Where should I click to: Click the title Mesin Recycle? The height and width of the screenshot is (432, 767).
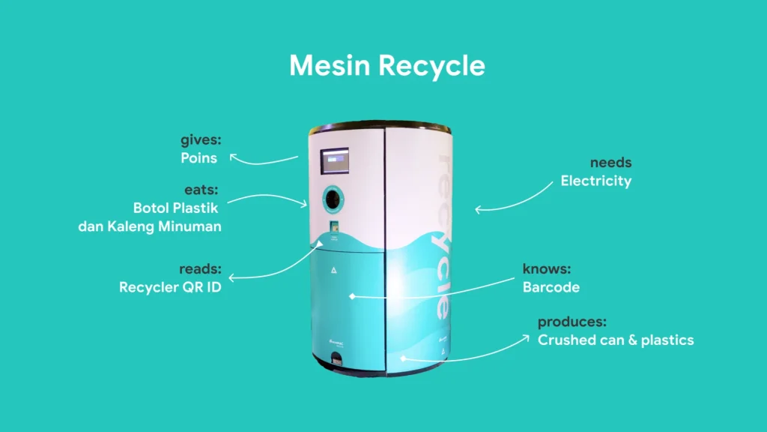click(x=386, y=66)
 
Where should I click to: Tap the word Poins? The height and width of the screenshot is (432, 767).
click(x=198, y=158)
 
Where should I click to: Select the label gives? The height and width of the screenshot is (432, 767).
click(x=198, y=139)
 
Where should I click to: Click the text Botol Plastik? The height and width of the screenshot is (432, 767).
click(x=177, y=207)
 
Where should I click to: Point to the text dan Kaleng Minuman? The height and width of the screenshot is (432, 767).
click(x=150, y=226)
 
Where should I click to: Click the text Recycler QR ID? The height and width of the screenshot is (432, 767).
click(x=170, y=287)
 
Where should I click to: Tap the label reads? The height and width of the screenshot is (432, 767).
click(x=200, y=268)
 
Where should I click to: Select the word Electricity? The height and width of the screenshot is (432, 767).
click(x=595, y=181)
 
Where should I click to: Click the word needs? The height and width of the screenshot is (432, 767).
click(x=610, y=163)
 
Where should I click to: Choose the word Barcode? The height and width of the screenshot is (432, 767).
click(x=551, y=286)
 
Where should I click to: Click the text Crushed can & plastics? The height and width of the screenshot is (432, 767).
click(x=616, y=340)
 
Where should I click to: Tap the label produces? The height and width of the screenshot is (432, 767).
click(x=572, y=322)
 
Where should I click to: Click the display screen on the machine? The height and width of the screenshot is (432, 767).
click(x=335, y=161)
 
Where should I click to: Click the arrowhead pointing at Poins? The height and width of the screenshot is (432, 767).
click(x=234, y=156)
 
